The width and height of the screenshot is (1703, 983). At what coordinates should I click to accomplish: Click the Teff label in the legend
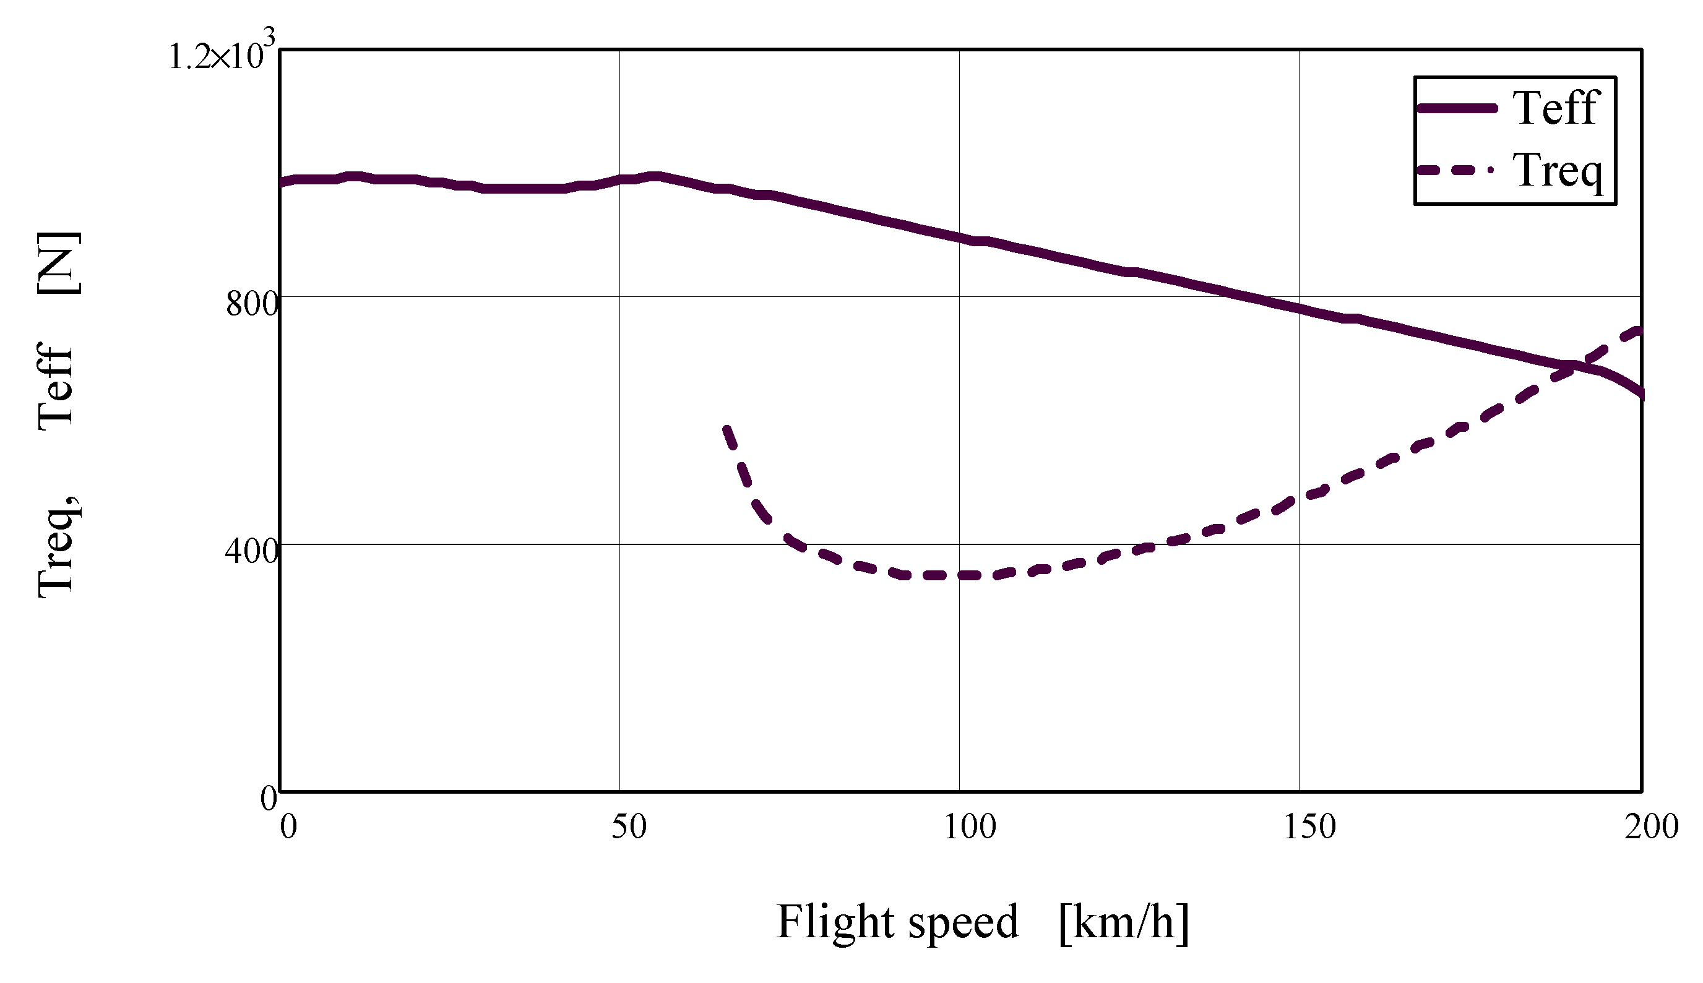click(1555, 108)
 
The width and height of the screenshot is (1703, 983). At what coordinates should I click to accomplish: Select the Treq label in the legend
click(1557, 170)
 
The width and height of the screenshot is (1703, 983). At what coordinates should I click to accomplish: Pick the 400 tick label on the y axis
click(251, 552)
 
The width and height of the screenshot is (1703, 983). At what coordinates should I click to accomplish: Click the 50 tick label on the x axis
click(629, 827)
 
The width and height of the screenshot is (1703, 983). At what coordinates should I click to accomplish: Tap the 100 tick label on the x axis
click(969, 827)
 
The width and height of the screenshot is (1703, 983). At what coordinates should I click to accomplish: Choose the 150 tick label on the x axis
click(1309, 827)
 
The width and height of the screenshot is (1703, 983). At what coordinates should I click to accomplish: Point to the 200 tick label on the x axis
click(1651, 827)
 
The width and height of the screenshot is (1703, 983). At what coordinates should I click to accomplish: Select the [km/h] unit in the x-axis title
click(1124, 922)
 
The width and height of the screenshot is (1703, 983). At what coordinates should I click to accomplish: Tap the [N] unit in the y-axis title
click(59, 263)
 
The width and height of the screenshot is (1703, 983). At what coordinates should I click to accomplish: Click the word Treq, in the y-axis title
click(58, 547)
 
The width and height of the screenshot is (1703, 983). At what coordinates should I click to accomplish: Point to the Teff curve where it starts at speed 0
click(282, 182)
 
